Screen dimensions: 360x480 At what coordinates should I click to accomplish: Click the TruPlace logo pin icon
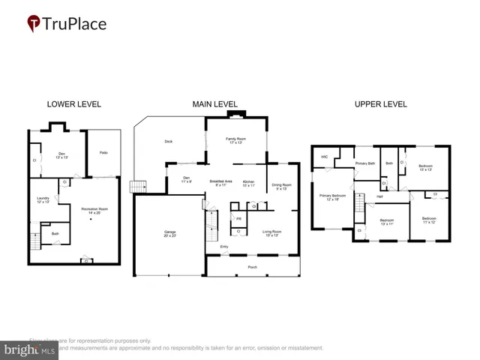[x=34, y=24]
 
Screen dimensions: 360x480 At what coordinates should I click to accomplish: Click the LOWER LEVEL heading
[x=73, y=104]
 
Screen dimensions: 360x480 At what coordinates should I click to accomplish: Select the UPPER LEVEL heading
[x=381, y=104]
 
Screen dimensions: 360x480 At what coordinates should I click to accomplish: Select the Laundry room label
[x=42, y=199]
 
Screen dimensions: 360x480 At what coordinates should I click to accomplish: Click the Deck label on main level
[x=169, y=141]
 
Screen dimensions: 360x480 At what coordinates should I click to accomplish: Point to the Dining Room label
[x=281, y=186]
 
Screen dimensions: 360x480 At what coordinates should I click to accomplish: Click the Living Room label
[x=271, y=233]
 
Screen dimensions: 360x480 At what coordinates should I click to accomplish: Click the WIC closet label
[x=325, y=157]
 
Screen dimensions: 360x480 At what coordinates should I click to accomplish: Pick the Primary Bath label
[x=365, y=163]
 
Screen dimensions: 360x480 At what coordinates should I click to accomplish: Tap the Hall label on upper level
[x=380, y=196]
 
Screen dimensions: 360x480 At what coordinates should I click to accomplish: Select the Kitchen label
[x=249, y=182]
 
